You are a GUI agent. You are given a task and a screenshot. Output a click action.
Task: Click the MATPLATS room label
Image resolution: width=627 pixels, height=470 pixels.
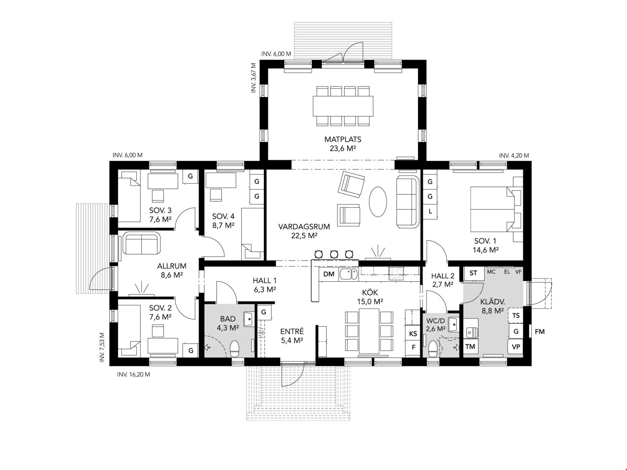point(342,140)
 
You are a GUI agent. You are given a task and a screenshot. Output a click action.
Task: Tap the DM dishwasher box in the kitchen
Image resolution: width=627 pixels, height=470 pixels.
point(329,274)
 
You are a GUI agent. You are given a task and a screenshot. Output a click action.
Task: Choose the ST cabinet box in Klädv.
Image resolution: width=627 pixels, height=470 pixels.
point(473,273)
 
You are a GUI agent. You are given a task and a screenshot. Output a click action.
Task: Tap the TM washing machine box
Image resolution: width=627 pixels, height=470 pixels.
point(470,347)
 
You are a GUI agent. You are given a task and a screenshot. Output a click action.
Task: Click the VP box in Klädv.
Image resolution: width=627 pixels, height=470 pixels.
point(516,347)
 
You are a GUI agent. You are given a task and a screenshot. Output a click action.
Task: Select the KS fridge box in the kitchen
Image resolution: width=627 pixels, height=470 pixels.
point(413,334)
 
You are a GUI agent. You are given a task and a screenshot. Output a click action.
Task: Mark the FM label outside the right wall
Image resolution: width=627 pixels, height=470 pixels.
point(540,332)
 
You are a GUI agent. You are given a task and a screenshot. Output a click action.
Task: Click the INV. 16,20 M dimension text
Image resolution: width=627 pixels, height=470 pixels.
point(133,375)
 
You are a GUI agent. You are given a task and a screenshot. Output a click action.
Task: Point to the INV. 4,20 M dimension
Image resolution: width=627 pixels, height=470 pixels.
point(514,156)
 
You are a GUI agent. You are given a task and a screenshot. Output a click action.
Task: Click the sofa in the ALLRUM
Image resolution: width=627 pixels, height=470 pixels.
point(141,243)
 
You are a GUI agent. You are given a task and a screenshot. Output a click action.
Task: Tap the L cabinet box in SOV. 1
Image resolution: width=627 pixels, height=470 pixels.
point(430,211)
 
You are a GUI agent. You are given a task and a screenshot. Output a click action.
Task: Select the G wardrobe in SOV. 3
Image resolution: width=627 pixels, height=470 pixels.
point(190,176)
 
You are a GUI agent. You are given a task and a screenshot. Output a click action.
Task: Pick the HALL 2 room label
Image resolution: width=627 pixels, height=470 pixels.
point(443,276)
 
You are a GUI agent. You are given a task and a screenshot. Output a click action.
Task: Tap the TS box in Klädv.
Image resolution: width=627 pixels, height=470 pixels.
point(516,315)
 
